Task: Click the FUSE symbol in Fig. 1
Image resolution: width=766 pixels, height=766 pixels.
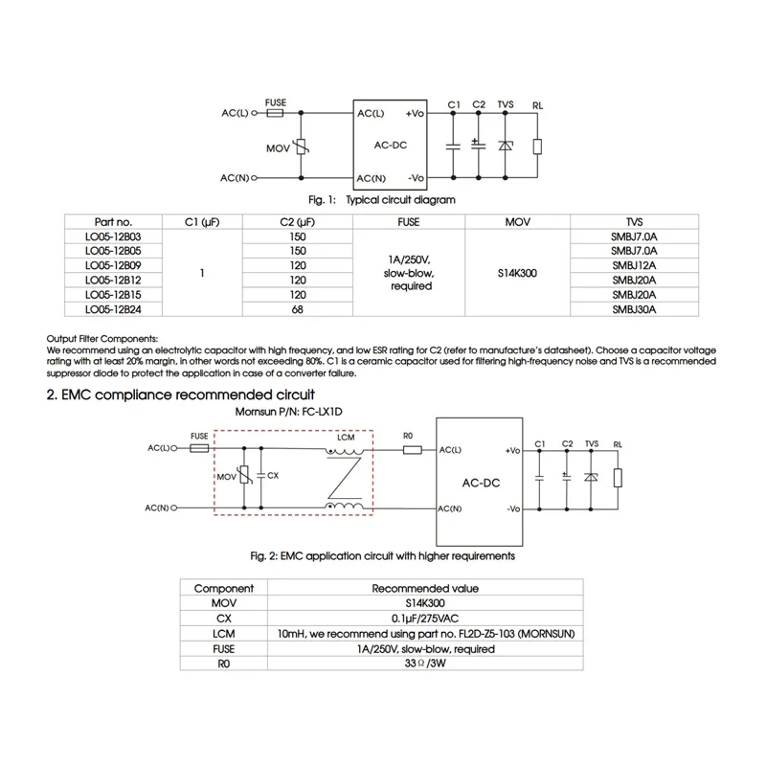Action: [275, 113]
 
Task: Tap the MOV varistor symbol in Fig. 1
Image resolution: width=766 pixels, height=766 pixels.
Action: [302, 146]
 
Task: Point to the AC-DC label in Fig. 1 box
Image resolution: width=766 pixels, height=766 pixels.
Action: [392, 145]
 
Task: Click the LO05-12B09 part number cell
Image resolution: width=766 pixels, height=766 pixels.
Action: [112, 264]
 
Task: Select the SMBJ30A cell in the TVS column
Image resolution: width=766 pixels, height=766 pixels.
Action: [634, 310]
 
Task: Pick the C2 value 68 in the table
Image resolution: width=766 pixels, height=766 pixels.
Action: [298, 310]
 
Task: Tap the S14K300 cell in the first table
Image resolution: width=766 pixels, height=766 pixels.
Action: [517, 273]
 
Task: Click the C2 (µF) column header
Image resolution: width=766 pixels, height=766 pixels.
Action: [298, 221]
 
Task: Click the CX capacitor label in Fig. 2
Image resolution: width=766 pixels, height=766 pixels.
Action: [273, 474]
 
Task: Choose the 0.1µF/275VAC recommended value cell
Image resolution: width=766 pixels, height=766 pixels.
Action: [425, 619]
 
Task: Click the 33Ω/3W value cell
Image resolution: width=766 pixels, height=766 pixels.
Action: [425, 664]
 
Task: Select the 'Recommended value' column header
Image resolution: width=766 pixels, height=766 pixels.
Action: [425, 588]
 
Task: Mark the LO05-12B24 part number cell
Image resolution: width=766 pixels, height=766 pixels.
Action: [112, 310]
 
